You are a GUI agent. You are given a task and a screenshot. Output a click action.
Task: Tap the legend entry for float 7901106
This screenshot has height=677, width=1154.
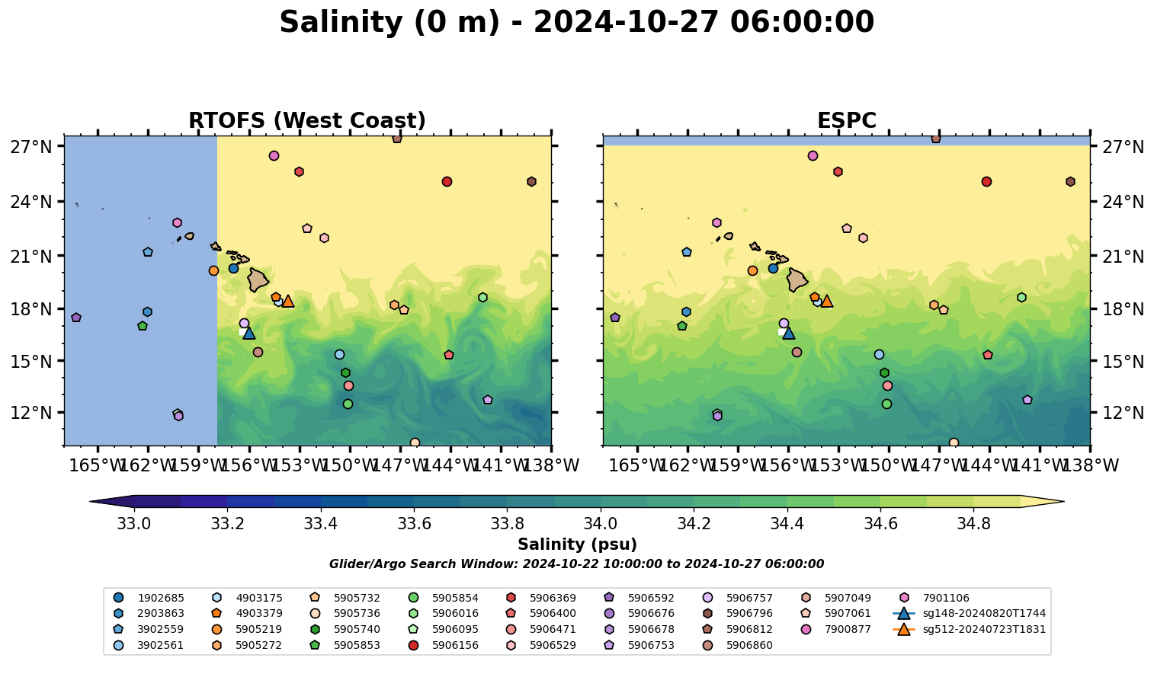(946, 598)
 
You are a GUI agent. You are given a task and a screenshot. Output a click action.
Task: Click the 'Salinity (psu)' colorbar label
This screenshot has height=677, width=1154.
(577, 544)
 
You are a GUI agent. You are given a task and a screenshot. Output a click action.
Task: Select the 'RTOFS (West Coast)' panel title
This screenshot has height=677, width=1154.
(307, 121)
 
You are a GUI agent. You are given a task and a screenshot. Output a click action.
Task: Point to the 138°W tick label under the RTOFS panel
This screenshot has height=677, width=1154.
(550, 465)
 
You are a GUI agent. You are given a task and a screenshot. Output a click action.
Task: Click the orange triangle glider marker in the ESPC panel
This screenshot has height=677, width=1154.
(827, 301)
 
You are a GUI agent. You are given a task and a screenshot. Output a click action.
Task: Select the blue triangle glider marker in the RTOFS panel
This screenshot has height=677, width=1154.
(248, 333)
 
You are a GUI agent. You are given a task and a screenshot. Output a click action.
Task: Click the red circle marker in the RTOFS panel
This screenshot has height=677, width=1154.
(447, 181)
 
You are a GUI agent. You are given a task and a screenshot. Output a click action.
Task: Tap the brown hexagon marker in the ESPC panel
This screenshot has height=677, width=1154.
(1070, 181)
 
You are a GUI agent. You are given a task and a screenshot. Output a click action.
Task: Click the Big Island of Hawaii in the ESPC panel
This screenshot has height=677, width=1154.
(797, 280)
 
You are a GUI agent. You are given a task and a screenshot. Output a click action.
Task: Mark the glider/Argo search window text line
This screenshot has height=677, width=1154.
(576, 564)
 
